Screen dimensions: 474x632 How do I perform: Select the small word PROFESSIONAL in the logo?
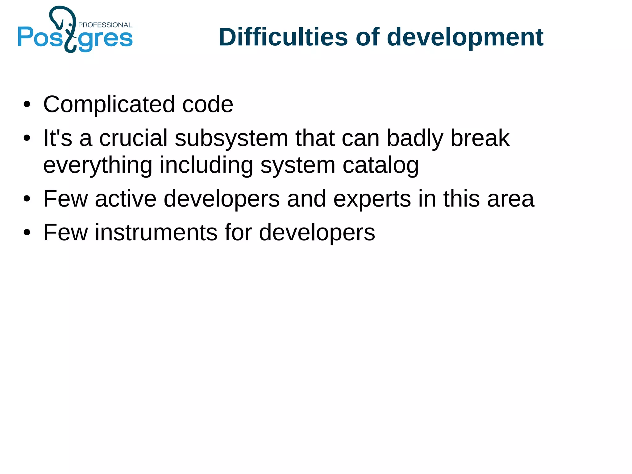click(105, 25)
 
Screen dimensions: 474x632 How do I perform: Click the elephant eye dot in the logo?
click(70, 24)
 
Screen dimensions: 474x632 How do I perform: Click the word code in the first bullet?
click(207, 104)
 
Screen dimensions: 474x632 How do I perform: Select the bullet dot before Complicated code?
click(27, 104)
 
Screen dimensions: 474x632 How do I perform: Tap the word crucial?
click(133, 138)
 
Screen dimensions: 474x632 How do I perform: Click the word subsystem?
click(231, 138)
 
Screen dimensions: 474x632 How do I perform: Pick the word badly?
click(415, 138)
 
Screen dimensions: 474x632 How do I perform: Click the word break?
click(480, 138)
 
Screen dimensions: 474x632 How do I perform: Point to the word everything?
click(98, 166)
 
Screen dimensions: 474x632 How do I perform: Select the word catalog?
click(380, 166)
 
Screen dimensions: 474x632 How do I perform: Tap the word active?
click(125, 199)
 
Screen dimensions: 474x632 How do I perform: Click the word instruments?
click(156, 232)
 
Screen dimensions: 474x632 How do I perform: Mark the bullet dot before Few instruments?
click(27, 233)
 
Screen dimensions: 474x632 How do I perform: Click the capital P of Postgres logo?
click(25, 37)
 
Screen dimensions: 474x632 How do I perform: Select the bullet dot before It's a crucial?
click(27, 138)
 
